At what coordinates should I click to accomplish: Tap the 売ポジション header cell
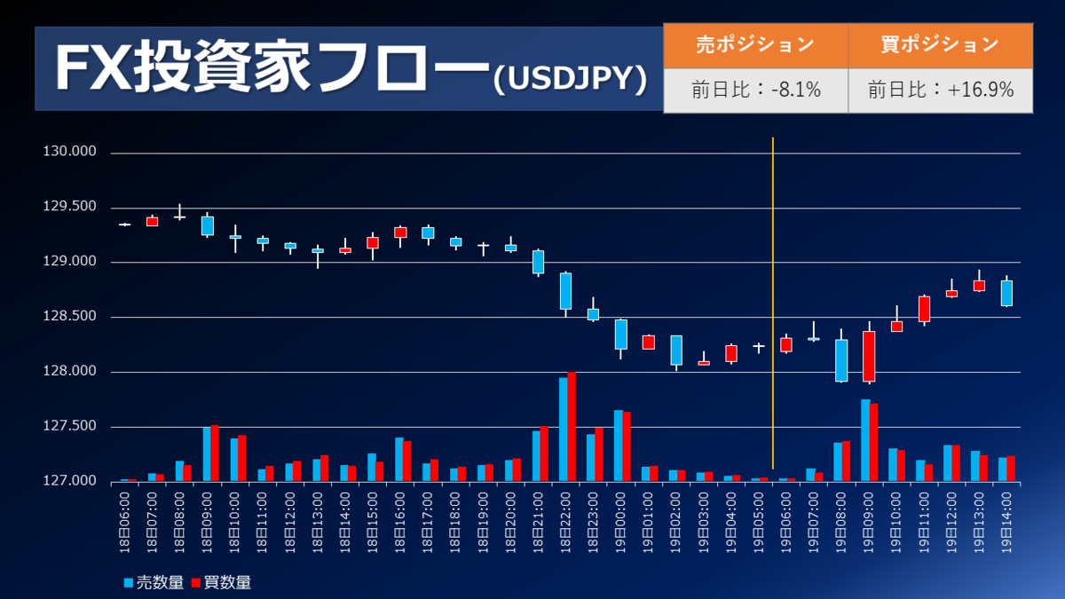(755, 44)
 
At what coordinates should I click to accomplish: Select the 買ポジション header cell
(940, 44)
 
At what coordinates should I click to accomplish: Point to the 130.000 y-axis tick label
(69, 153)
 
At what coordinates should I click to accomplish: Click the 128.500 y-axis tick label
(69, 317)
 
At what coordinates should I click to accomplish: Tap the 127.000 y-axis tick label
(69, 481)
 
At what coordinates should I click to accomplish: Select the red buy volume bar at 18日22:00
(572, 427)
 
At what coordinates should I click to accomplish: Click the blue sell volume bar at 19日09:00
(865, 440)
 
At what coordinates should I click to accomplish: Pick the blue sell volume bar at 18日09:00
(207, 453)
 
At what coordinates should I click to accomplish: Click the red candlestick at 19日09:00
(869, 356)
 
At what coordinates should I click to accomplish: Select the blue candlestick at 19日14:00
(1006, 293)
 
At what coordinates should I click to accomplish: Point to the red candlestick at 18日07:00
(152, 221)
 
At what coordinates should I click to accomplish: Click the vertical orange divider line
(773, 302)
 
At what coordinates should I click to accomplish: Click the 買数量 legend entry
(221, 583)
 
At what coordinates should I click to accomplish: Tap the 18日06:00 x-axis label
(125, 523)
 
